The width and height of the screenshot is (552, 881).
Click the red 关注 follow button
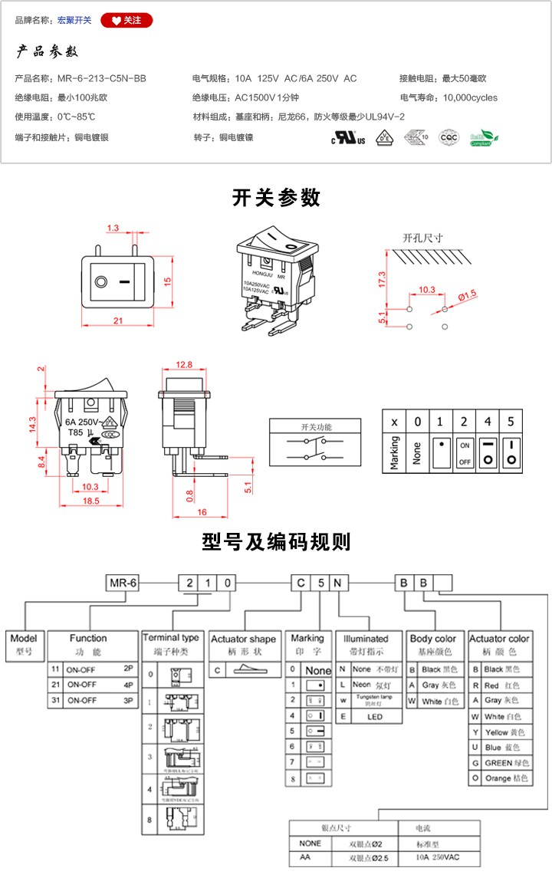click(127, 20)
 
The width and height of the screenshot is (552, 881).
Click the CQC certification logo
click(448, 138)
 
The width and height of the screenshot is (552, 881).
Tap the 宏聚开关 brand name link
click(74, 20)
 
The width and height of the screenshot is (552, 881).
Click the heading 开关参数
click(276, 198)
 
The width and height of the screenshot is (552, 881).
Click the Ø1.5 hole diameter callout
click(467, 294)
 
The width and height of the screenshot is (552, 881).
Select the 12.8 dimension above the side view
click(184, 364)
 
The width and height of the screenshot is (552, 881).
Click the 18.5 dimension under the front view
click(90, 500)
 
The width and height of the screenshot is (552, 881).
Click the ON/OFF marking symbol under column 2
click(465, 453)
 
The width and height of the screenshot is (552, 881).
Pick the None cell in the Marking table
click(417, 453)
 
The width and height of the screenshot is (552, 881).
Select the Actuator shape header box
click(243, 639)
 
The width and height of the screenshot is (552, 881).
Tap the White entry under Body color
click(435, 701)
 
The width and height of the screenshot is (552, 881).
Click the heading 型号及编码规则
click(276, 542)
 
